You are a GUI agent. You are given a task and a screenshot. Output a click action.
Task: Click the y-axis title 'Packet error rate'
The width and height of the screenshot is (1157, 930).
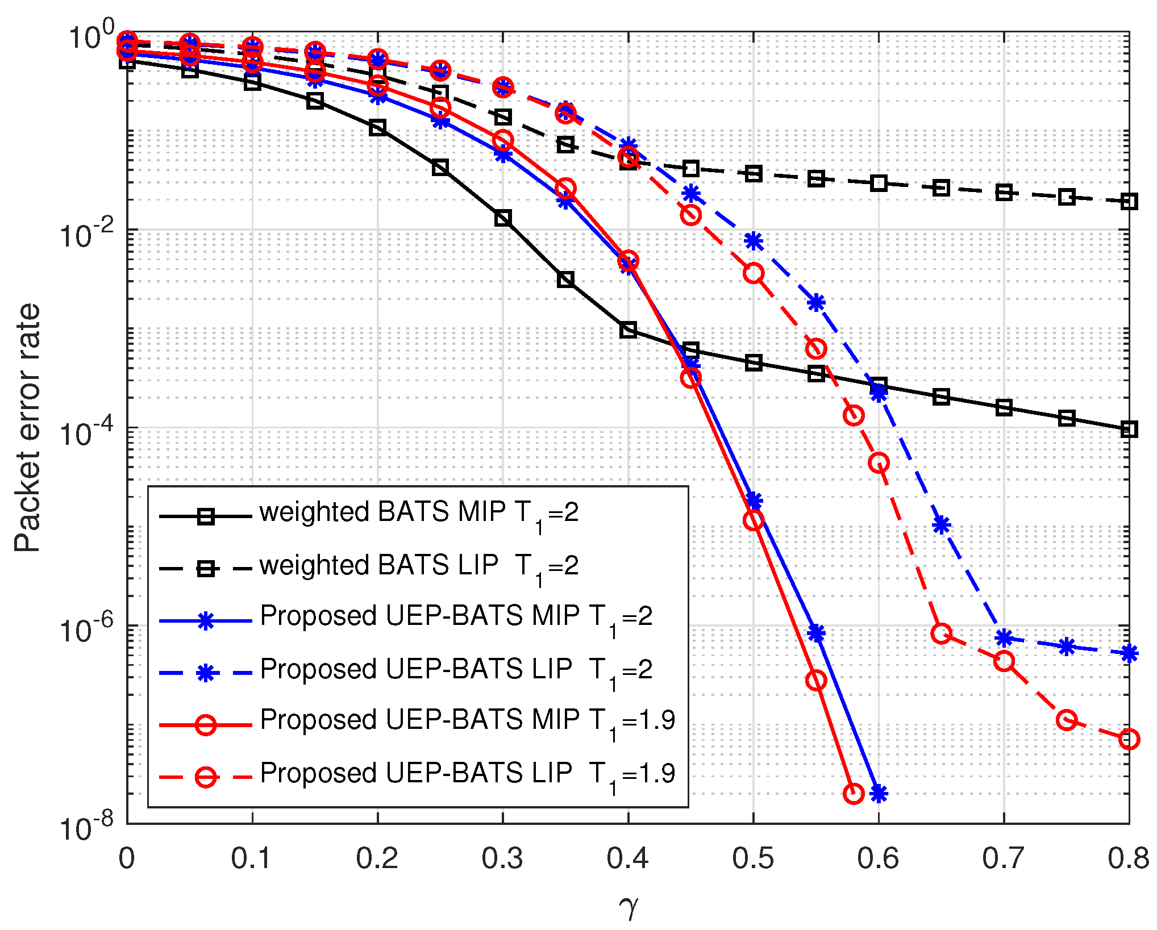pos(27,427)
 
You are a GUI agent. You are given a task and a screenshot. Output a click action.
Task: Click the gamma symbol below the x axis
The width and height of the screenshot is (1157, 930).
pos(629,906)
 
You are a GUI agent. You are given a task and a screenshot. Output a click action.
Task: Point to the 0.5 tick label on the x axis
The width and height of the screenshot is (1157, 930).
pos(753,858)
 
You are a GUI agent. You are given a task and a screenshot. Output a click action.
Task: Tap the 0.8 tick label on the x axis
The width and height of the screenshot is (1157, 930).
pos(1129,858)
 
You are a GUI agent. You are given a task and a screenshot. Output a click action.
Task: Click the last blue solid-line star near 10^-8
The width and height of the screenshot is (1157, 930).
pos(879,794)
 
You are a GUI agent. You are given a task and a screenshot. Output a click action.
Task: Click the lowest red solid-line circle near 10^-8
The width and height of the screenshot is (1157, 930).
pos(854,794)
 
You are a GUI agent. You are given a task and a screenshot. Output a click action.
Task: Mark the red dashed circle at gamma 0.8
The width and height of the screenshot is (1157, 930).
pos(1129,739)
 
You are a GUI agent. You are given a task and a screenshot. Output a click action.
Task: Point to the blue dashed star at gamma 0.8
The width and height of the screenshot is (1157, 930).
pos(1129,653)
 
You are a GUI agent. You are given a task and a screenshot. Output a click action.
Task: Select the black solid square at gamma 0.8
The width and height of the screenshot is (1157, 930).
pos(1129,429)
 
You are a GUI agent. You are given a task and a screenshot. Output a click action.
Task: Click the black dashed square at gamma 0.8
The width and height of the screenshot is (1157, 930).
pos(1129,202)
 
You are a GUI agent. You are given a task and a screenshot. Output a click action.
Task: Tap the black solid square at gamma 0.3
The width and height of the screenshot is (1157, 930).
pos(503,218)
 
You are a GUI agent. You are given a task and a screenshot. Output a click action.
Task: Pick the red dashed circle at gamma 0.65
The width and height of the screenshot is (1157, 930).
pos(942,633)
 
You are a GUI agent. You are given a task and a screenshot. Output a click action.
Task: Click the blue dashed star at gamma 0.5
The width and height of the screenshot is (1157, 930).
pos(754,241)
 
